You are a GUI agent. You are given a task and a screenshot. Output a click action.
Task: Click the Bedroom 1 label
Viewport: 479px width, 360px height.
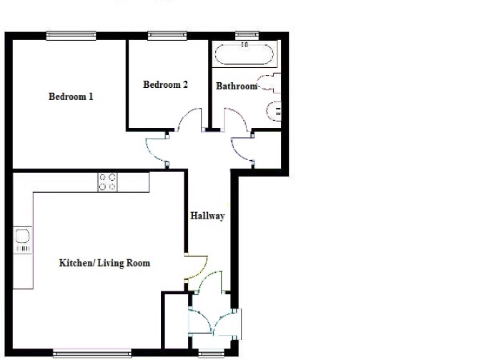[x=71, y=96]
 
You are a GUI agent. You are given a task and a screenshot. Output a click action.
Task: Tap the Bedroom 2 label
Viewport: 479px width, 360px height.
[x=165, y=84]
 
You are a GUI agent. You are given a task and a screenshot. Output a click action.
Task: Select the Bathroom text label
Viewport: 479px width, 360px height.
[x=237, y=86]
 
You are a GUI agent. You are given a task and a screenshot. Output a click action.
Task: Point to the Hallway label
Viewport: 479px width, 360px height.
[x=208, y=216]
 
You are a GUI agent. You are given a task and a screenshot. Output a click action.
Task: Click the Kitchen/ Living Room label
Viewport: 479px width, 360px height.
[x=104, y=263]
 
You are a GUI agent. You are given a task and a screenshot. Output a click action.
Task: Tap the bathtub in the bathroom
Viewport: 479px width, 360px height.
[x=245, y=54]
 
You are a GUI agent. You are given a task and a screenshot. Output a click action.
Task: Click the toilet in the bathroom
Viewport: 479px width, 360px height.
[x=269, y=82]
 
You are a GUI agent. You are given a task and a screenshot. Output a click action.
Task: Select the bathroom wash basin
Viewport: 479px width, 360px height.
[x=274, y=111]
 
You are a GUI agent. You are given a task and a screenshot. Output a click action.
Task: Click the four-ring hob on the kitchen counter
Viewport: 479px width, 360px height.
[x=107, y=182]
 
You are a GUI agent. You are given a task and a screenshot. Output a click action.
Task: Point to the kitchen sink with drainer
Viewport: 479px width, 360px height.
[x=23, y=240]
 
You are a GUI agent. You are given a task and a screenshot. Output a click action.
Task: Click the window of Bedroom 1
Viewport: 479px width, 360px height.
[x=71, y=36]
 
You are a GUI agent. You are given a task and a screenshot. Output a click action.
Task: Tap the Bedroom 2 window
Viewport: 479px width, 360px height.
[x=167, y=36]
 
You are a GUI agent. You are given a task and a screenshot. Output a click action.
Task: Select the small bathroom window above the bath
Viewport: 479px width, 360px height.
[x=247, y=36]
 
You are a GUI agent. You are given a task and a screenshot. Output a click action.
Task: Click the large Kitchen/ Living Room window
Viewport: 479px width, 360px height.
[x=92, y=354]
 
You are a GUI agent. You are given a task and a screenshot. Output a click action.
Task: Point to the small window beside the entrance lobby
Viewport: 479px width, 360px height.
[x=211, y=354]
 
